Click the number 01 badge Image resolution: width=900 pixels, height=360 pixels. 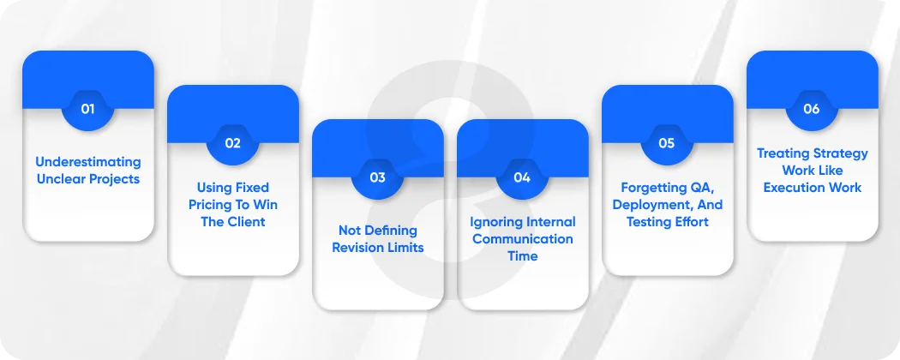[87, 109]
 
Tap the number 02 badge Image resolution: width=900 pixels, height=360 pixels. [232, 143]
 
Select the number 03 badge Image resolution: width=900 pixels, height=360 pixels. [377, 177]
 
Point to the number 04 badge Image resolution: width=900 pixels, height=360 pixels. [522, 177]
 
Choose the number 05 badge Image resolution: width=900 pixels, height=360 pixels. [667, 143]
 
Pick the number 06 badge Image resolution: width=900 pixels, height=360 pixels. [812, 109]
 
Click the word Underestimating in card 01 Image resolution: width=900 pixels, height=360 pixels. [88, 162]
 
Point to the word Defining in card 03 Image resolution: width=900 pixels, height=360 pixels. [390, 231]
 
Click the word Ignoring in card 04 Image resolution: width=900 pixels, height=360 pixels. [495, 222]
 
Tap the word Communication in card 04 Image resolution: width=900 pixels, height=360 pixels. [523, 239]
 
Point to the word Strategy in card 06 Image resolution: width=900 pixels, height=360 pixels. [837, 153]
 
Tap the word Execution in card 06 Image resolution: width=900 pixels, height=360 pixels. [795, 188]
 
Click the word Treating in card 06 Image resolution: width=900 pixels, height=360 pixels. [783, 153]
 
